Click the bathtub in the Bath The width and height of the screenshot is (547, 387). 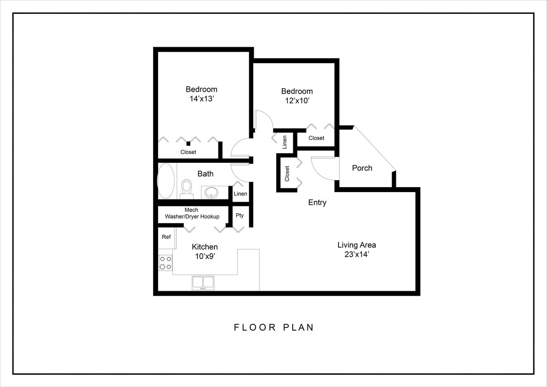(x=166, y=181)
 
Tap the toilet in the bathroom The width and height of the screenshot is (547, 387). (x=186, y=188)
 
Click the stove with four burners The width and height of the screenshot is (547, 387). (x=165, y=263)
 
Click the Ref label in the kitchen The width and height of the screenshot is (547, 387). (x=166, y=237)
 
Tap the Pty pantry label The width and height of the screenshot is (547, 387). (x=240, y=216)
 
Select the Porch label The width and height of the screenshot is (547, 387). (x=362, y=168)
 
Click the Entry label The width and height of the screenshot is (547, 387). (x=317, y=202)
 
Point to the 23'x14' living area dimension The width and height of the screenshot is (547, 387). (x=356, y=255)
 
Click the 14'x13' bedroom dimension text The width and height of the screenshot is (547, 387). (x=201, y=99)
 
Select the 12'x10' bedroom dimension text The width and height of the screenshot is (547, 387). (x=297, y=101)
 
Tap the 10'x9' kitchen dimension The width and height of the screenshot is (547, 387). (x=205, y=257)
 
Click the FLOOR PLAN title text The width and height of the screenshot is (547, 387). (x=274, y=327)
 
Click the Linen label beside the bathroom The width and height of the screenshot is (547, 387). (x=241, y=194)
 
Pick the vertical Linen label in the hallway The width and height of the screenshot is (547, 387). (x=284, y=142)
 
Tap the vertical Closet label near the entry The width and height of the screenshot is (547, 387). (x=287, y=173)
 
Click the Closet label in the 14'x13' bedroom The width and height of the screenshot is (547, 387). (x=188, y=152)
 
